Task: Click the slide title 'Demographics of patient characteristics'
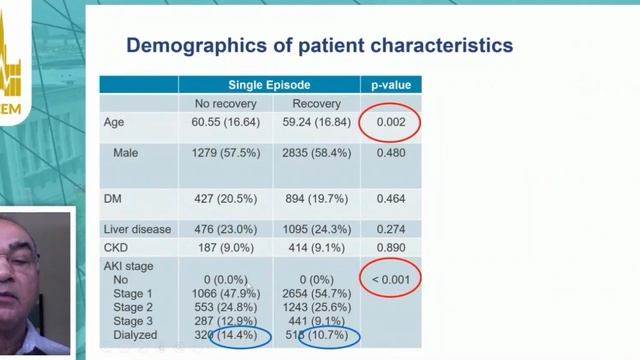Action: tap(320, 45)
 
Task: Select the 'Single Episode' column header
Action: tap(269, 85)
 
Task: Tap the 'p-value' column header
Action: tap(390, 85)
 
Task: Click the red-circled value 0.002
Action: tap(390, 123)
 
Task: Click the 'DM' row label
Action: tap(113, 200)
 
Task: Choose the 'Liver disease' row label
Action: tap(137, 228)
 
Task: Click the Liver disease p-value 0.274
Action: tap(390, 228)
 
